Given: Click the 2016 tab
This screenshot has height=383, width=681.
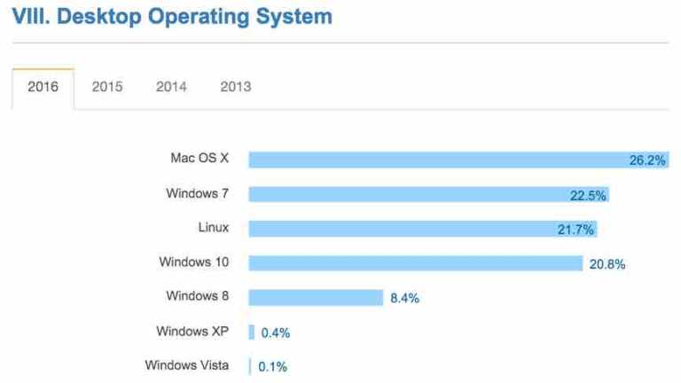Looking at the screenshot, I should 43,87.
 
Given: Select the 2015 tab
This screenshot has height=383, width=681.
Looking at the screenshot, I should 107,87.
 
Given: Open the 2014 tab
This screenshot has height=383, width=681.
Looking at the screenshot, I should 171,87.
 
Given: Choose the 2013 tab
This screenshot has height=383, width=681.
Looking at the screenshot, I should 235,87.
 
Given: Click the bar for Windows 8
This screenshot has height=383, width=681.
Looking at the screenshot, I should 315,297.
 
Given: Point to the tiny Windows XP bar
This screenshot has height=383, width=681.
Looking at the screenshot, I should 252,332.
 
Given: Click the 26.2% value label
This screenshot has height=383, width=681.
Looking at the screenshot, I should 647,160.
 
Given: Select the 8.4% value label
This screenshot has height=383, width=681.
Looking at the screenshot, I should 404,298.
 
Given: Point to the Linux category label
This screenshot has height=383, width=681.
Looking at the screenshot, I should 213,228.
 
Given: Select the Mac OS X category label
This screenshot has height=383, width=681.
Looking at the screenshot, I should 200,159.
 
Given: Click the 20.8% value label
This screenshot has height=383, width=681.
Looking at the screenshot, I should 607,264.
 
